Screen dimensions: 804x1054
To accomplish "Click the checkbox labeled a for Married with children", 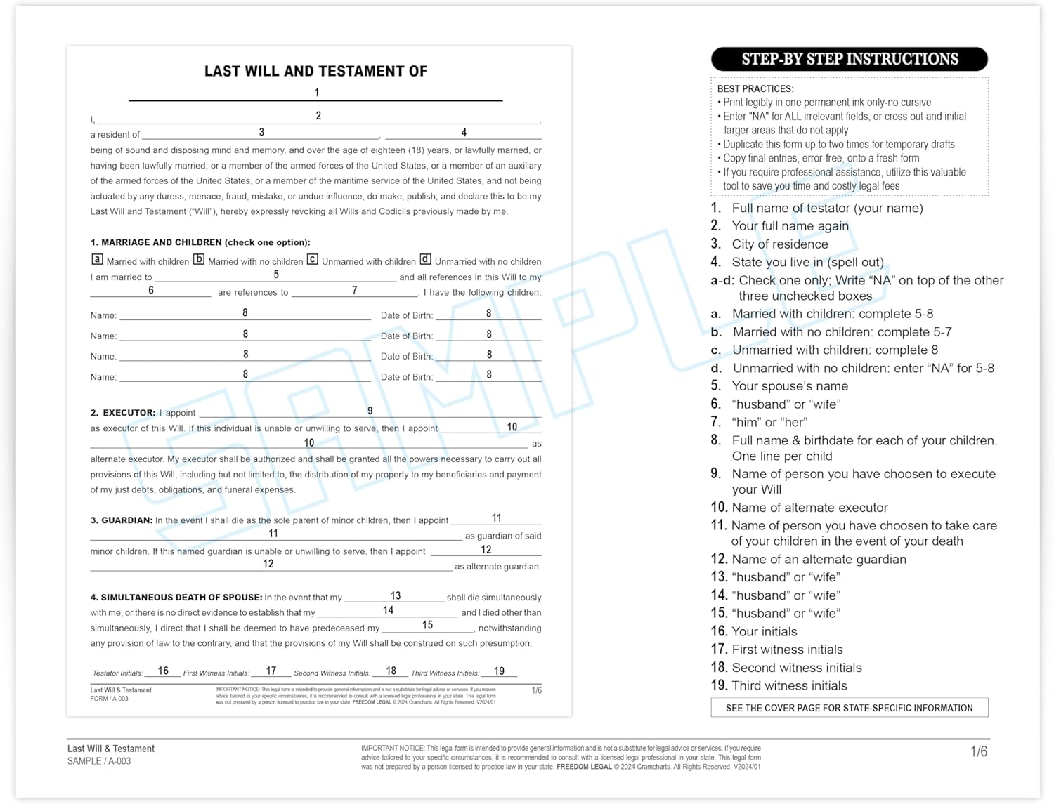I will click(x=97, y=260).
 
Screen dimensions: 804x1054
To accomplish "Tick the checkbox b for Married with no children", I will click(x=199, y=260).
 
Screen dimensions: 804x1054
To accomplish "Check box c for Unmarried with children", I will click(x=313, y=260).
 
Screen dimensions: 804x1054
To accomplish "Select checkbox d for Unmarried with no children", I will click(x=425, y=260).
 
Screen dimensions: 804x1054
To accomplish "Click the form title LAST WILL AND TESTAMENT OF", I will click(x=315, y=71).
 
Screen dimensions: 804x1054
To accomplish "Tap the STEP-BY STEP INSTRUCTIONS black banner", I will click(x=849, y=59).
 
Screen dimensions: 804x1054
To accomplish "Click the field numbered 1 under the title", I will click(x=315, y=93).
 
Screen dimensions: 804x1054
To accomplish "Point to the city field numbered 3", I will click(x=261, y=133).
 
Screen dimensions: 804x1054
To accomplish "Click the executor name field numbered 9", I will click(x=370, y=411).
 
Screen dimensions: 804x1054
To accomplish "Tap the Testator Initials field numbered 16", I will click(x=163, y=671).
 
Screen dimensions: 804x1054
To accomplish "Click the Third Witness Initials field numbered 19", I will click(x=499, y=671).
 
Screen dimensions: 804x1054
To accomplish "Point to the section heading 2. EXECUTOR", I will click(x=123, y=413).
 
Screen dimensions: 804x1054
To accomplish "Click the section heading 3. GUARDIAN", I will click(x=121, y=520).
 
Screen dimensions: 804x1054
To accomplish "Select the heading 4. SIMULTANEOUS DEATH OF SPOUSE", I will click(x=176, y=598).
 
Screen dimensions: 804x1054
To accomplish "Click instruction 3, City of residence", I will click(x=779, y=244).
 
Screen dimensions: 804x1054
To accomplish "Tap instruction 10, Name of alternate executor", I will click(x=809, y=508).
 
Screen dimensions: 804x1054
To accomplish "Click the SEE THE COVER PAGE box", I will click(x=849, y=708).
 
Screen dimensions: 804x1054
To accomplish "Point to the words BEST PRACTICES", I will click(x=755, y=89).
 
